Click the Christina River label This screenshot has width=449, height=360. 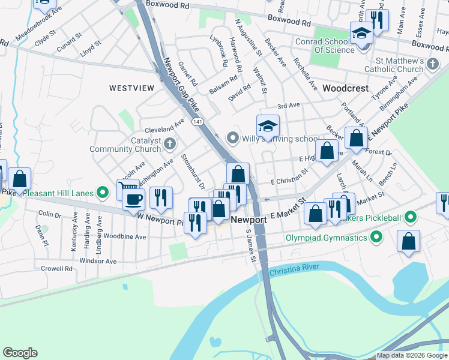pyautogui.click(x=297, y=272)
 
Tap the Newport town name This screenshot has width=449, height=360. pyautogui.click(x=249, y=220)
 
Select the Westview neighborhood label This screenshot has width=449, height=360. pyautogui.click(x=131, y=88)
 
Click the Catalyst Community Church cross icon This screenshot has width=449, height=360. pyautogui.click(x=170, y=143)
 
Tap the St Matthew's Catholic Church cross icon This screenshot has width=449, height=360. pyautogui.click(x=432, y=63)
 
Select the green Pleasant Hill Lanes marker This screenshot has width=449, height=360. pyautogui.click(x=103, y=193)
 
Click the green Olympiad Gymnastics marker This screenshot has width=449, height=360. pyautogui.click(x=376, y=238)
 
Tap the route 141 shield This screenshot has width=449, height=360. pyautogui.click(x=197, y=122)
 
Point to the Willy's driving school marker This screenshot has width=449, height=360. pyautogui.click(x=233, y=138)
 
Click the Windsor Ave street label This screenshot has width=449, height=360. pyautogui.click(x=98, y=261)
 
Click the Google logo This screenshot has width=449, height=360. pyautogui.click(x=19, y=353)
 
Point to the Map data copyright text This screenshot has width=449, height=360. pyautogui.click(x=412, y=356)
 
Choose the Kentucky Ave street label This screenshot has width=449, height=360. pyautogui.click(x=75, y=229)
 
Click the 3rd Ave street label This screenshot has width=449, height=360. pyautogui.click(x=288, y=106)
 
